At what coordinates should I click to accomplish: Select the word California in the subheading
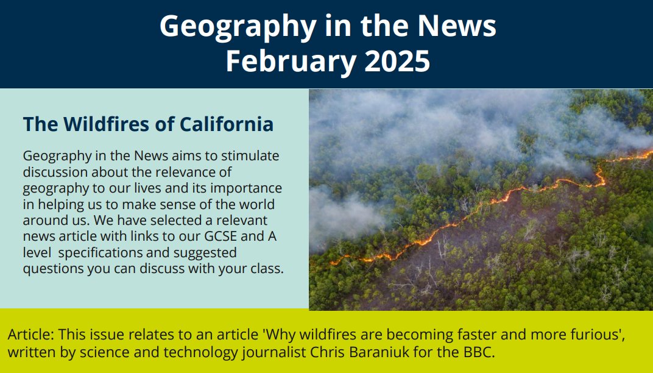[225, 124]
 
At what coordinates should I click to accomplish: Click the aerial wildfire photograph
[481, 199]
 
